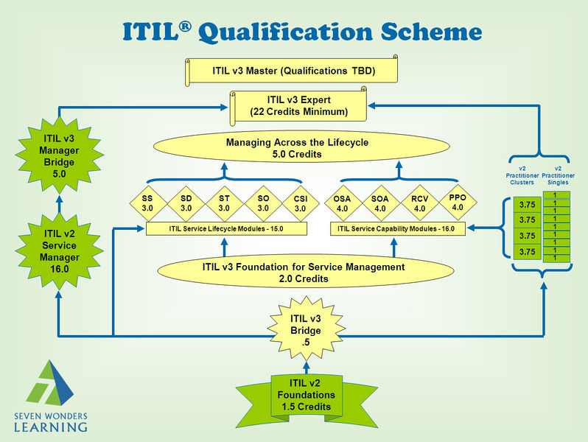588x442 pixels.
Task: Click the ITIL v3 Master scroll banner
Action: point(291,71)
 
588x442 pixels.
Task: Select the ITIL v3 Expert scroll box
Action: point(298,106)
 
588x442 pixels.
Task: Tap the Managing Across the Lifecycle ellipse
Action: point(301,147)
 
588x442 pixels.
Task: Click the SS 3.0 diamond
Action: point(148,203)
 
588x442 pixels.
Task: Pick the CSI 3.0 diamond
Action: point(301,203)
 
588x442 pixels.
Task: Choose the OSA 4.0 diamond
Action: point(343,203)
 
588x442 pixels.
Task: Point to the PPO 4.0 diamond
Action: point(458,203)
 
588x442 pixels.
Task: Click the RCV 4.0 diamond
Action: point(419,203)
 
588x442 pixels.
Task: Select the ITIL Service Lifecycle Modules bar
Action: point(226,228)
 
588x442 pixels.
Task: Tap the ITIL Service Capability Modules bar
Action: point(397,228)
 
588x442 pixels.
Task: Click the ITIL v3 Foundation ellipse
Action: point(305,272)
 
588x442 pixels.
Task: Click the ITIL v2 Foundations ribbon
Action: point(307,397)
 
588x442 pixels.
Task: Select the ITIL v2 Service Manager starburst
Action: point(59,251)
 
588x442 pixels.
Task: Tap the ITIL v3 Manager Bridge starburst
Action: point(59,155)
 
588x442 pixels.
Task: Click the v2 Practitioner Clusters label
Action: point(522,175)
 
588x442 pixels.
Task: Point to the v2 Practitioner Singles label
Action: point(558,175)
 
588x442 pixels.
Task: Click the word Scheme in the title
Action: point(431,32)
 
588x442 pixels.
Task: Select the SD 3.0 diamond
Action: point(186,203)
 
